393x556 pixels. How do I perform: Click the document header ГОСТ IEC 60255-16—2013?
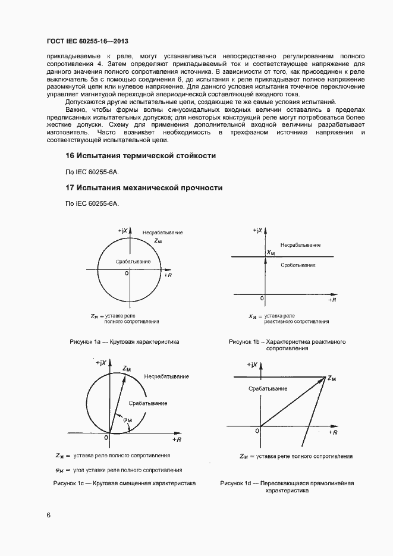coord(87,41)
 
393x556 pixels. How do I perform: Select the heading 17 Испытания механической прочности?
coord(144,187)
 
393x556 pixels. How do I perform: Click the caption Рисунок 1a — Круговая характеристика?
coord(124,342)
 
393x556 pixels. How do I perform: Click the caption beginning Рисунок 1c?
coord(124,483)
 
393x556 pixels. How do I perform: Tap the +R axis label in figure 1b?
coord(332,300)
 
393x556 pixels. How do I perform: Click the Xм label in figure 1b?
coord(271,252)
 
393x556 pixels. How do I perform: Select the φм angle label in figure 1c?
coord(127,420)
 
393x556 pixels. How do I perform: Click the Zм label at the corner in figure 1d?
coord(331,379)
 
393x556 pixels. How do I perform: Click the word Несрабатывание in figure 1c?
coord(166,376)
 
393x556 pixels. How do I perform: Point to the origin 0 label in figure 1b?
coord(262,298)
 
